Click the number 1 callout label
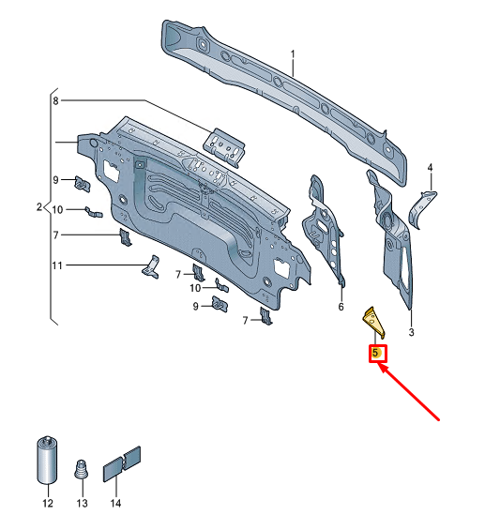tap(292, 54)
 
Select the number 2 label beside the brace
tap(39, 206)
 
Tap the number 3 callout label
tap(411, 332)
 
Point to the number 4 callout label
tap(430, 168)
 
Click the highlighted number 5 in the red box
tap(375, 354)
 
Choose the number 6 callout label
tap(341, 306)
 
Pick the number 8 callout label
tap(55, 100)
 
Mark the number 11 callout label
tap(57, 266)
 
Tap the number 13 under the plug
tap(81, 504)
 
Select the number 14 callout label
tap(115, 504)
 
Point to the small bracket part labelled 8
tap(226, 144)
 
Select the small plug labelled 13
tap(82, 468)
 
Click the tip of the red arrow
tap(380, 369)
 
